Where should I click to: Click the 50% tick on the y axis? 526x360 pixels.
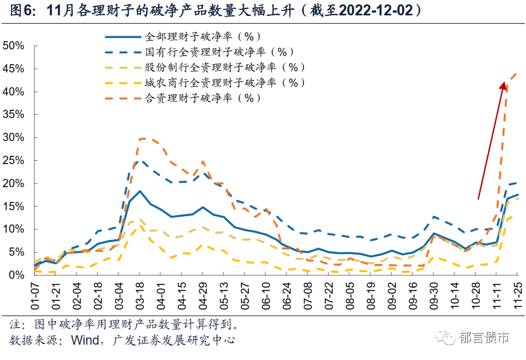pyautogui.click(x=14, y=46)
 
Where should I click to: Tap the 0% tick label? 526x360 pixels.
pyautogui.click(x=18, y=274)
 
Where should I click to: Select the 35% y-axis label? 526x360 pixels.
pyautogui.click(x=14, y=115)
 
